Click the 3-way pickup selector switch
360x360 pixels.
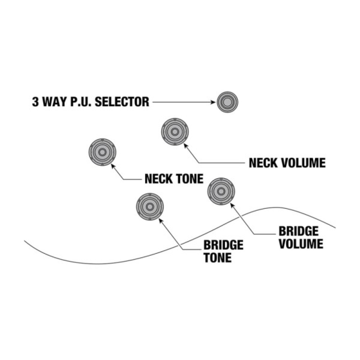pyautogui.click(x=228, y=102)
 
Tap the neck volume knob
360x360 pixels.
pyautogui.click(x=175, y=132)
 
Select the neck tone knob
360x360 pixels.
pyautogui.click(x=102, y=152)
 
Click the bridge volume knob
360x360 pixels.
pyautogui.click(x=221, y=191)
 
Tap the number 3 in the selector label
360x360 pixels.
pyautogui.click(x=35, y=102)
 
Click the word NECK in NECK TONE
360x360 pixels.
pyautogui.click(x=159, y=179)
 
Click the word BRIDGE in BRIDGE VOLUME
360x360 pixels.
pyautogui.click(x=299, y=231)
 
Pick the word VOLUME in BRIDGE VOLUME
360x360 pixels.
pyautogui.click(x=301, y=244)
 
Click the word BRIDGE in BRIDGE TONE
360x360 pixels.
pyautogui.click(x=223, y=246)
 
